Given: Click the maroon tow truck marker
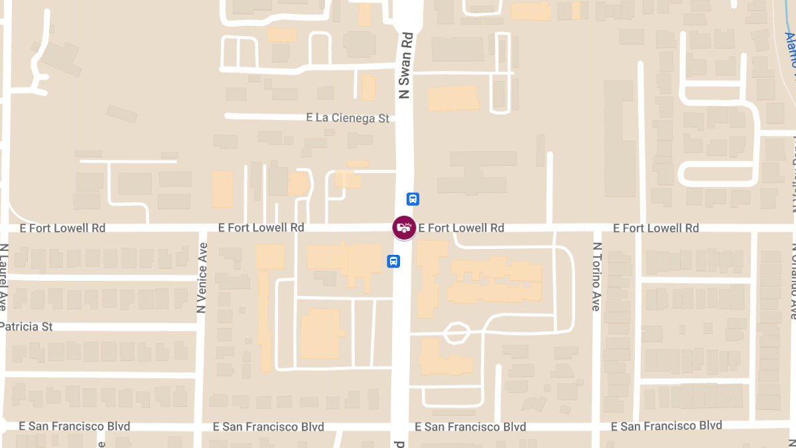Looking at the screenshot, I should coord(404,228).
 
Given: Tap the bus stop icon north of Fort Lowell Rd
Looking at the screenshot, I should coord(413,198).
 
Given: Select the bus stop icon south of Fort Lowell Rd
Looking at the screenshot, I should coord(393,261).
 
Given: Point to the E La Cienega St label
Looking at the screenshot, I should coord(348,118).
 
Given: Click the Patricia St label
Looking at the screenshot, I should coord(27,327).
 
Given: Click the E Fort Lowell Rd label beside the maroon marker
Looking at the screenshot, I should coord(461,228).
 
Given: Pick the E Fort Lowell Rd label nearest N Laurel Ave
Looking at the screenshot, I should coord(62,228).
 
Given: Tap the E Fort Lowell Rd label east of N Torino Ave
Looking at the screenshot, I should coord(655,228).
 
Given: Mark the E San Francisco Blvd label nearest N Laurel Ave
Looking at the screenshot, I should coord(74,425).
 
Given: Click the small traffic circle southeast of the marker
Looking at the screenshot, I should coord(456,332).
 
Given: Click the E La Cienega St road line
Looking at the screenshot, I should coord(265,116).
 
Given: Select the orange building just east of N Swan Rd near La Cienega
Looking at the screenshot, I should coord(453,98).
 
